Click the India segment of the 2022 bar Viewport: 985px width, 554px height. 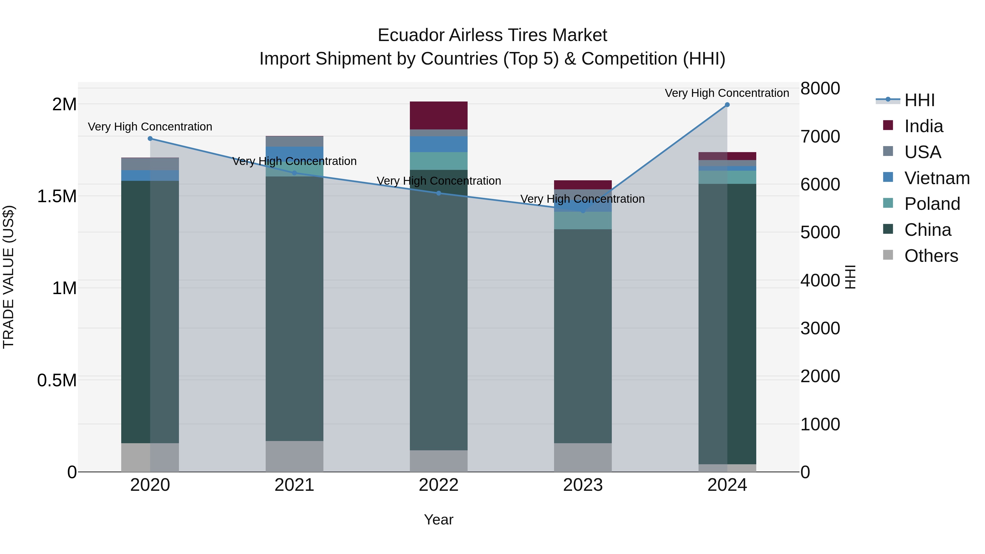(439, 115)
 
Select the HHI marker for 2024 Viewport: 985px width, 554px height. (727, 105)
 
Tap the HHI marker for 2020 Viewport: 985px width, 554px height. (150, 138)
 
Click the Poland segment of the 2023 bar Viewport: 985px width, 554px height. (583, 221)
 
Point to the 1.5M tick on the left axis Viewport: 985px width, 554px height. (57, 196)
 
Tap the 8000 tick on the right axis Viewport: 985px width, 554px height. (820, 88)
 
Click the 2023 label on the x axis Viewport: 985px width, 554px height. (583, 485)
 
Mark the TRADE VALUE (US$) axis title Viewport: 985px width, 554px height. (8, 277)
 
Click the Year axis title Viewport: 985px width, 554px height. (439, 520)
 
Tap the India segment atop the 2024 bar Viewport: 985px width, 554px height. (727, 156)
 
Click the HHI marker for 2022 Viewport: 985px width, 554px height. (439, 193)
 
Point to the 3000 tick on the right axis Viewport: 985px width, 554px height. (820, 328)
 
